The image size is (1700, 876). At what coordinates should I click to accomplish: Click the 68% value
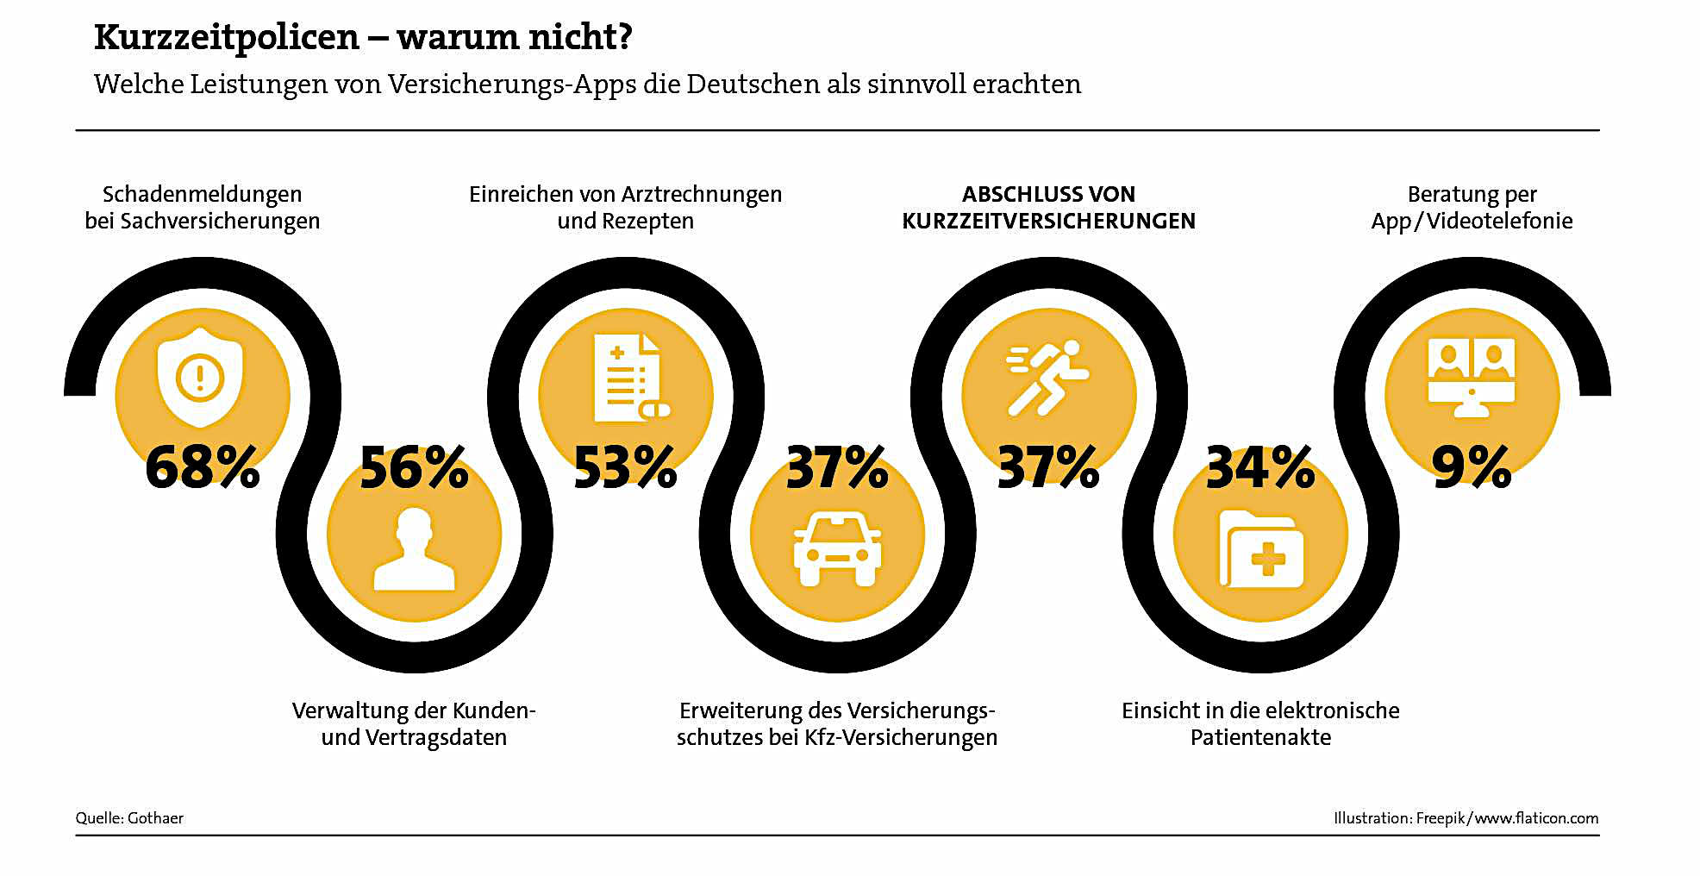pos(203,467)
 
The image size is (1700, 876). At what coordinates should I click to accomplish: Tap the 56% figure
pos(414,468)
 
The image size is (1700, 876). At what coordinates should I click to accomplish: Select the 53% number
pos(625,467)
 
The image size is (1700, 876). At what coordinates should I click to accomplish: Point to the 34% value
pos(1260,468)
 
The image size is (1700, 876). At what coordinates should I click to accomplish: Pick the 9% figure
pos(1472,467)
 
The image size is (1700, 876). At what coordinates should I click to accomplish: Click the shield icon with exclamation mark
pos(200,377)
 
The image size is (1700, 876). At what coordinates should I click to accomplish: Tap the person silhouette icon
pos(414,549)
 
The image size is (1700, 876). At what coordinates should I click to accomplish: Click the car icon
pos(837,548)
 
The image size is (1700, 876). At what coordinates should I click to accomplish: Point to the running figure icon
pos(1047,378)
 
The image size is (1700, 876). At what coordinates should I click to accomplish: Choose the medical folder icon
pos(1261,549)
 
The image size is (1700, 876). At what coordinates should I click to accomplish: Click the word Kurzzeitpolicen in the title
pos(227,37)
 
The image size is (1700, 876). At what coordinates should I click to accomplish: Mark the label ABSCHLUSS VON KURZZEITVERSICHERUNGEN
pos(1048,208)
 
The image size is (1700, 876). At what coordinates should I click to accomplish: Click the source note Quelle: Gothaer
pos(129,818)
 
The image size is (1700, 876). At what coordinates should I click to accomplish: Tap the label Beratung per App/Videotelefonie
pos(1472,208)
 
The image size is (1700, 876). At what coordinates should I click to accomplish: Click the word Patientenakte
pos(1260,738)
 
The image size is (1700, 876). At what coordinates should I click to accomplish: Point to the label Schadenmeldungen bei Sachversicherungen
pos(203,208)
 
